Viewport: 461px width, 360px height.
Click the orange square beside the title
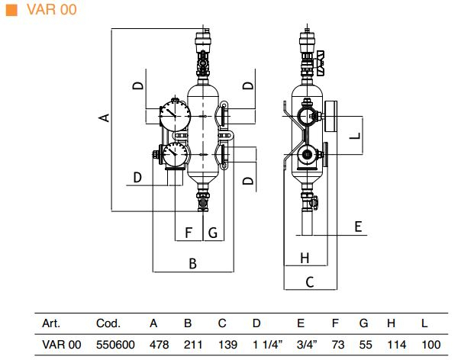11,9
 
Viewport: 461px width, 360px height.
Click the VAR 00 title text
52,9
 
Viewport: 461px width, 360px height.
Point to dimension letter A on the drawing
104,117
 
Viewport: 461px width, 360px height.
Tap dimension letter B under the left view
192,263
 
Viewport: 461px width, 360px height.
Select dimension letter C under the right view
310,282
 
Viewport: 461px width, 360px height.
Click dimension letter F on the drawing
189,233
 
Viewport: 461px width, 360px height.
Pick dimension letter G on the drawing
213,233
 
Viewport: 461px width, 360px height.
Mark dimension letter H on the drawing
305,258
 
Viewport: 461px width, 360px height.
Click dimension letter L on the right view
356,136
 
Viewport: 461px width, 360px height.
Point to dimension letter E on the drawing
358,227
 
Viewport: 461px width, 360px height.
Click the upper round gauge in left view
176,116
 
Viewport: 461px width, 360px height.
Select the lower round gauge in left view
176,154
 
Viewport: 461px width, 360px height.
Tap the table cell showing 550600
115,345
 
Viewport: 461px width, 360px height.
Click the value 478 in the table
159,345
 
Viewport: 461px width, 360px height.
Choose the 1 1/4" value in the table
268,345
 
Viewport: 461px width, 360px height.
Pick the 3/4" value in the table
308,345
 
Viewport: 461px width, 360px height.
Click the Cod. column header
108,323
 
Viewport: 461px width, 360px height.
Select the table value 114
397,345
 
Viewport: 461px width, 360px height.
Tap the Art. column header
51,323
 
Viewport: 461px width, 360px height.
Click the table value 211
193,345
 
